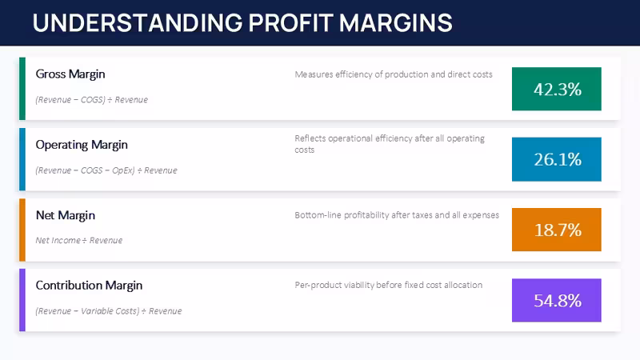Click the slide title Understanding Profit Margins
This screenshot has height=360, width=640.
tap(242, 22)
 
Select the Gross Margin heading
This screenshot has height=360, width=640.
tap(70, 74)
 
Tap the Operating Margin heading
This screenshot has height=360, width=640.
tap(82, 145)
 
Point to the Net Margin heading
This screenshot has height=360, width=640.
tap(66, 215)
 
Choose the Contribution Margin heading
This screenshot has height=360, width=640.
tap(89, 286)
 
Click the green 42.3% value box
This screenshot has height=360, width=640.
tap(556, 89)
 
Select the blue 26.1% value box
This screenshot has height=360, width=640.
tap(556, 159)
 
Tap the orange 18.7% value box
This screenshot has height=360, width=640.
tap(556, 230)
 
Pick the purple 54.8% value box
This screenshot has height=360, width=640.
tap(556, 301)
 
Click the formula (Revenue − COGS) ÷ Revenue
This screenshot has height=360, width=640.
tap(92, 99)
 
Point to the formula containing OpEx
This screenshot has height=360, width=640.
tap(106, 170)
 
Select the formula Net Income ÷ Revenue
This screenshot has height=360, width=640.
tap(78, 241)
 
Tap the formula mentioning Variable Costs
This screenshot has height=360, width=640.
tap(109, 311)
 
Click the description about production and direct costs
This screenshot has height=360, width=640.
tap(394, 74)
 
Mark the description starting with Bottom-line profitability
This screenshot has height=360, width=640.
tap(397, 215)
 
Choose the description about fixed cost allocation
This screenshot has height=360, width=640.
tap(389, 285)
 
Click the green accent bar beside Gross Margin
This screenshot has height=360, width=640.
tap(22, 89)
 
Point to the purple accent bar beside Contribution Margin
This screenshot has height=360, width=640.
tap(22, 300)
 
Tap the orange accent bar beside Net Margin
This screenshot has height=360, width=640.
tap(22, 230)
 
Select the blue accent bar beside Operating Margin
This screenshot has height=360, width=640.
tap(22, 159)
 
